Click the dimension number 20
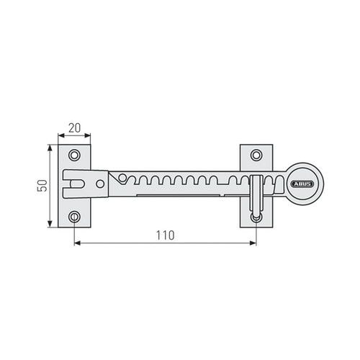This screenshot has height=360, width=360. (x=75, y=128)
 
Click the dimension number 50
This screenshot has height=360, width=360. (x=42, y=186)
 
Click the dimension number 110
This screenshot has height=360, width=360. (x=165, y=235)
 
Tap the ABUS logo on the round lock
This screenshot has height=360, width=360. (x=302, y=184)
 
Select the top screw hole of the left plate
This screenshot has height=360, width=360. (x=74, y=155)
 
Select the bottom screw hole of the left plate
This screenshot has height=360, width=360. (x=74, y=217)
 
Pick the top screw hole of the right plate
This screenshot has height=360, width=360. (x=256, y=155)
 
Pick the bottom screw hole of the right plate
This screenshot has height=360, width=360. (x=256, y=217)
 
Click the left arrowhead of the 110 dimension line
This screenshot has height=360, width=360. (x=77, y=243)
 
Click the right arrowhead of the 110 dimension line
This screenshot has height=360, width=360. (x=253, y=243)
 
